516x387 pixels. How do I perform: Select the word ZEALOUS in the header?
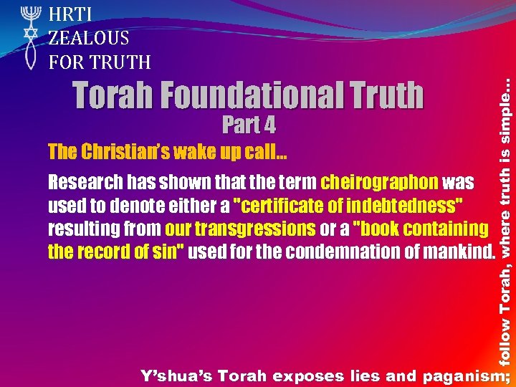coord(89,37)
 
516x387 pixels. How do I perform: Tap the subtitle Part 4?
coord(249,125)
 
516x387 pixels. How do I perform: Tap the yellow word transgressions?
coord(240,229)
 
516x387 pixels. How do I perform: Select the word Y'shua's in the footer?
coord(176,375)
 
